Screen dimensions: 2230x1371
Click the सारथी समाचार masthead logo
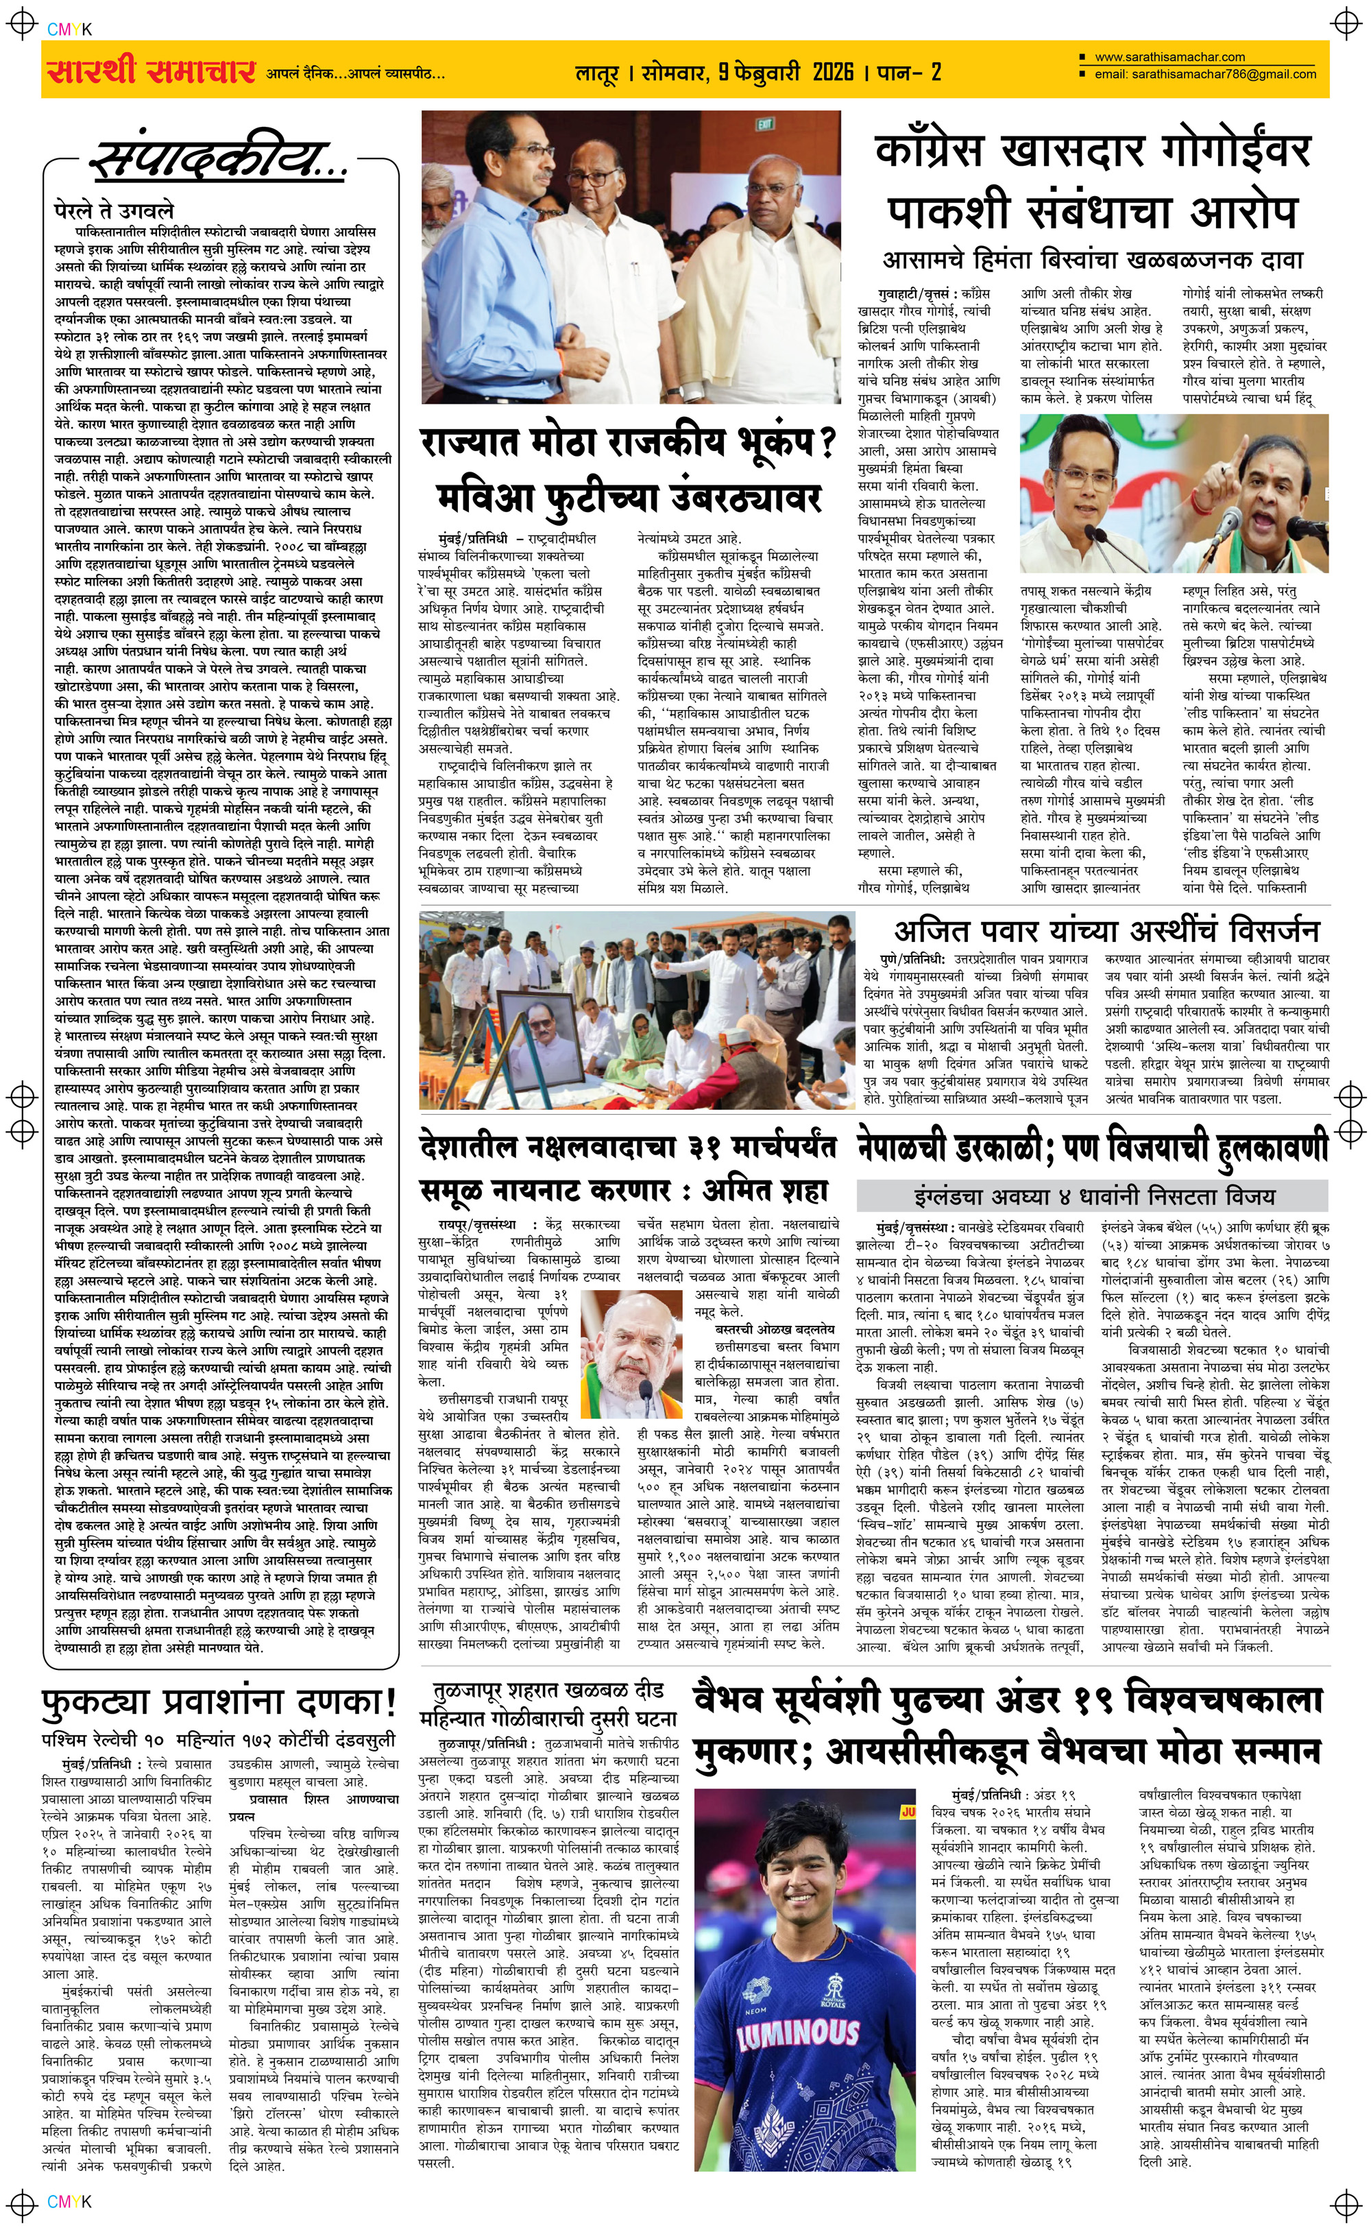click(149, 70)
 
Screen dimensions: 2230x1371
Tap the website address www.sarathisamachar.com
click(1169, 56)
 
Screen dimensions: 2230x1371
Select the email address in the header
click(1204, 74)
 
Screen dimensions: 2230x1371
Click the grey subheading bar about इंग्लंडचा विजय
click(1093, 1195)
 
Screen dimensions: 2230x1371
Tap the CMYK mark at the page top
click(69, 29)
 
